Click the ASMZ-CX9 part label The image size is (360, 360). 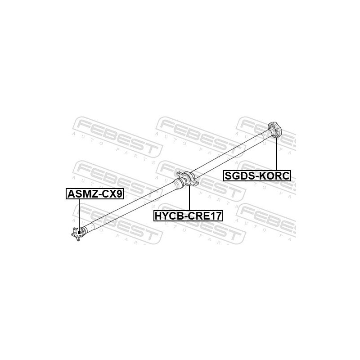pyautogui.click(x=95, y=194)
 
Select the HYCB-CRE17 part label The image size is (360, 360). pyautogui.click(x=188, y=216)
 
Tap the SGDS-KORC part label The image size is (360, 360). pyautogui.click(x=257, y=176)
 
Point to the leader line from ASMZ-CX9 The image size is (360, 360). pyautogui.click(x=79, y=216)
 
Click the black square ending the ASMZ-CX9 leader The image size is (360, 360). pyautogui.click(x=79, y=233)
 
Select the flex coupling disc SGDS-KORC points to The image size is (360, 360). pyautogui.click(x=275, y=130)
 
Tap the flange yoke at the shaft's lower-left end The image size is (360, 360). pyautogui.click(x=78, y=234)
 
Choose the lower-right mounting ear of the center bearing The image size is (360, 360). pyautogui.click(x=195, y=183)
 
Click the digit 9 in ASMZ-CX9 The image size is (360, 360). pyautogui.click(x=119, y=194)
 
